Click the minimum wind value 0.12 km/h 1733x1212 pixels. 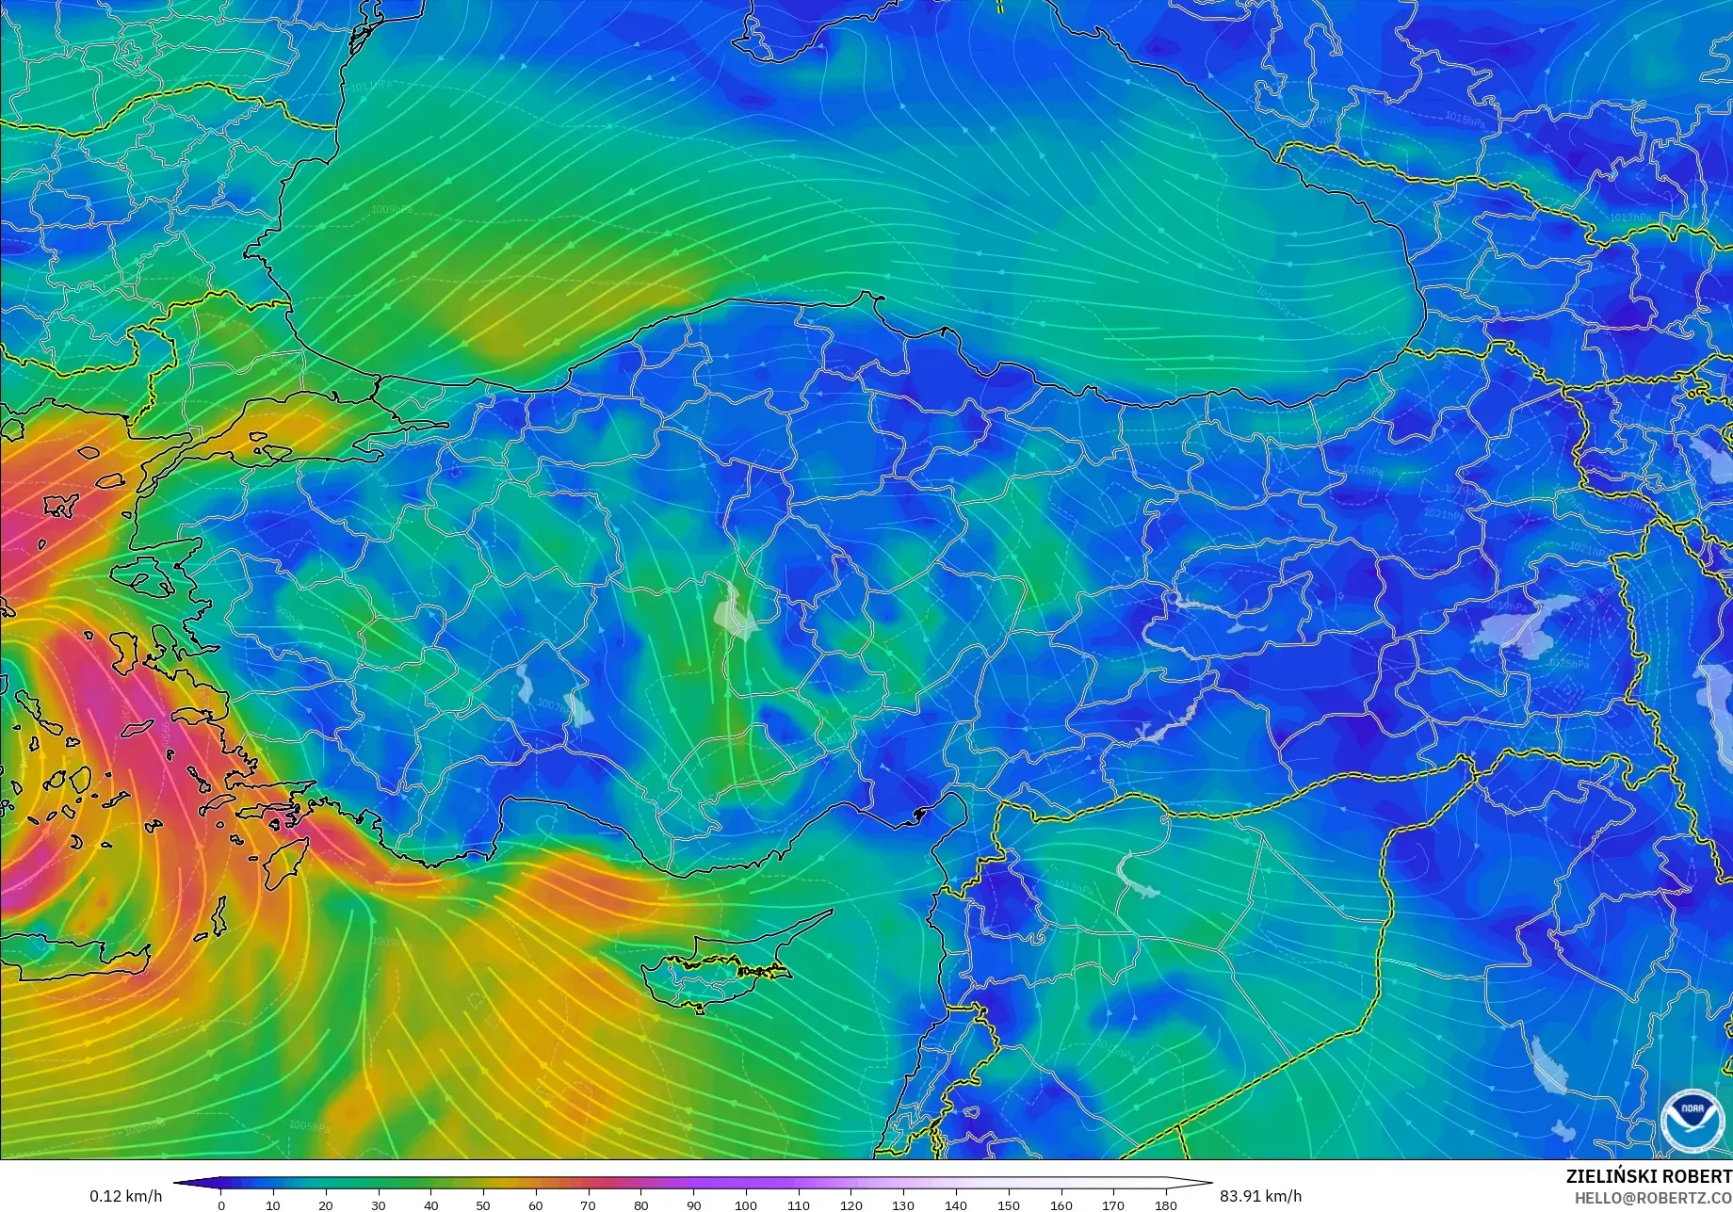(x=125, y=1196)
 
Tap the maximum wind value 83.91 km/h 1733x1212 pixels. (x=1259, y=1196)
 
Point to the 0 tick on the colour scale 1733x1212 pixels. (x=221, y=1205)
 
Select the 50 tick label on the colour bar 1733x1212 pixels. (x=483, y=1205)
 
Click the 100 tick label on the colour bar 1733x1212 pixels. (x=746, y=1205)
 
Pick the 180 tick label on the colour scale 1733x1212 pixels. (x=1165, y=1205)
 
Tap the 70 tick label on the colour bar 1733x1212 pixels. (x=589, y=1205)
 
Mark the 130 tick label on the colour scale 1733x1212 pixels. (x=903, y=1205)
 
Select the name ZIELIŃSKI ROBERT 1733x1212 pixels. (x=1648, y=1177)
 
